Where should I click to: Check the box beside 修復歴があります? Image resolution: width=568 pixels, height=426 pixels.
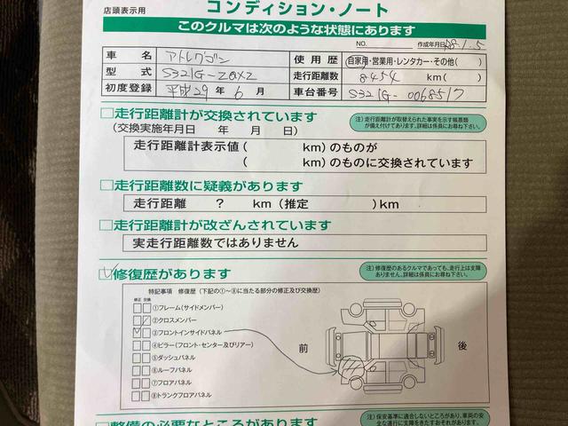[x=106, y=273]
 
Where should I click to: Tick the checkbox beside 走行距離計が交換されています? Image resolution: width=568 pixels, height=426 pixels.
[x=106, y=114]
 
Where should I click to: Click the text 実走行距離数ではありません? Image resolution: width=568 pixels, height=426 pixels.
[x=216, y=241]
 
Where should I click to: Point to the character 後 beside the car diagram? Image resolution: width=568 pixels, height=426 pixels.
[x=461, y=346]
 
